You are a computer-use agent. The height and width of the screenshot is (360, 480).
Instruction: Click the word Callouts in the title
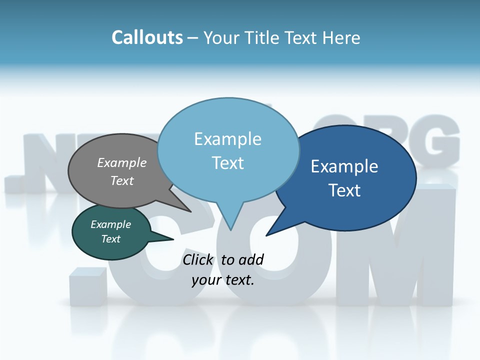[147, 37]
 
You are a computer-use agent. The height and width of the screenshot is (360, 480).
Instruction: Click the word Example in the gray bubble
[122, 162]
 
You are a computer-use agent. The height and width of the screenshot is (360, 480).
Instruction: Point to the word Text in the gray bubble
[122, 180]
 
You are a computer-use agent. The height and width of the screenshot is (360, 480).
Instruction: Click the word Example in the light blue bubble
[227, 139]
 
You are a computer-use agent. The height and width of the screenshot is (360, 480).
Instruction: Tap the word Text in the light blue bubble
[227, 163]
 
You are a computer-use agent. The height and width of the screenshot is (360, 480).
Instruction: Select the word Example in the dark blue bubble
[344, 166]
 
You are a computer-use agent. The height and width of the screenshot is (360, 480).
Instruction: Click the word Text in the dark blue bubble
[344, 190]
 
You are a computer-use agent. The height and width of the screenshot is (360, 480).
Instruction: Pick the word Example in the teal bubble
[110, 224]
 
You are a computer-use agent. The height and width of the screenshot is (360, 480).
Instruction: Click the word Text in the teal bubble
[110, 239]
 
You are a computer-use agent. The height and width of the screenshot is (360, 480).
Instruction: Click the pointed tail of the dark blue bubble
[267, 234]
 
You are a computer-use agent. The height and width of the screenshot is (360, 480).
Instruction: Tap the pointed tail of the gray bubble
[190, 211]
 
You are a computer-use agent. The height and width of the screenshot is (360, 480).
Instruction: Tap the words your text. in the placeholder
[223, 280]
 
